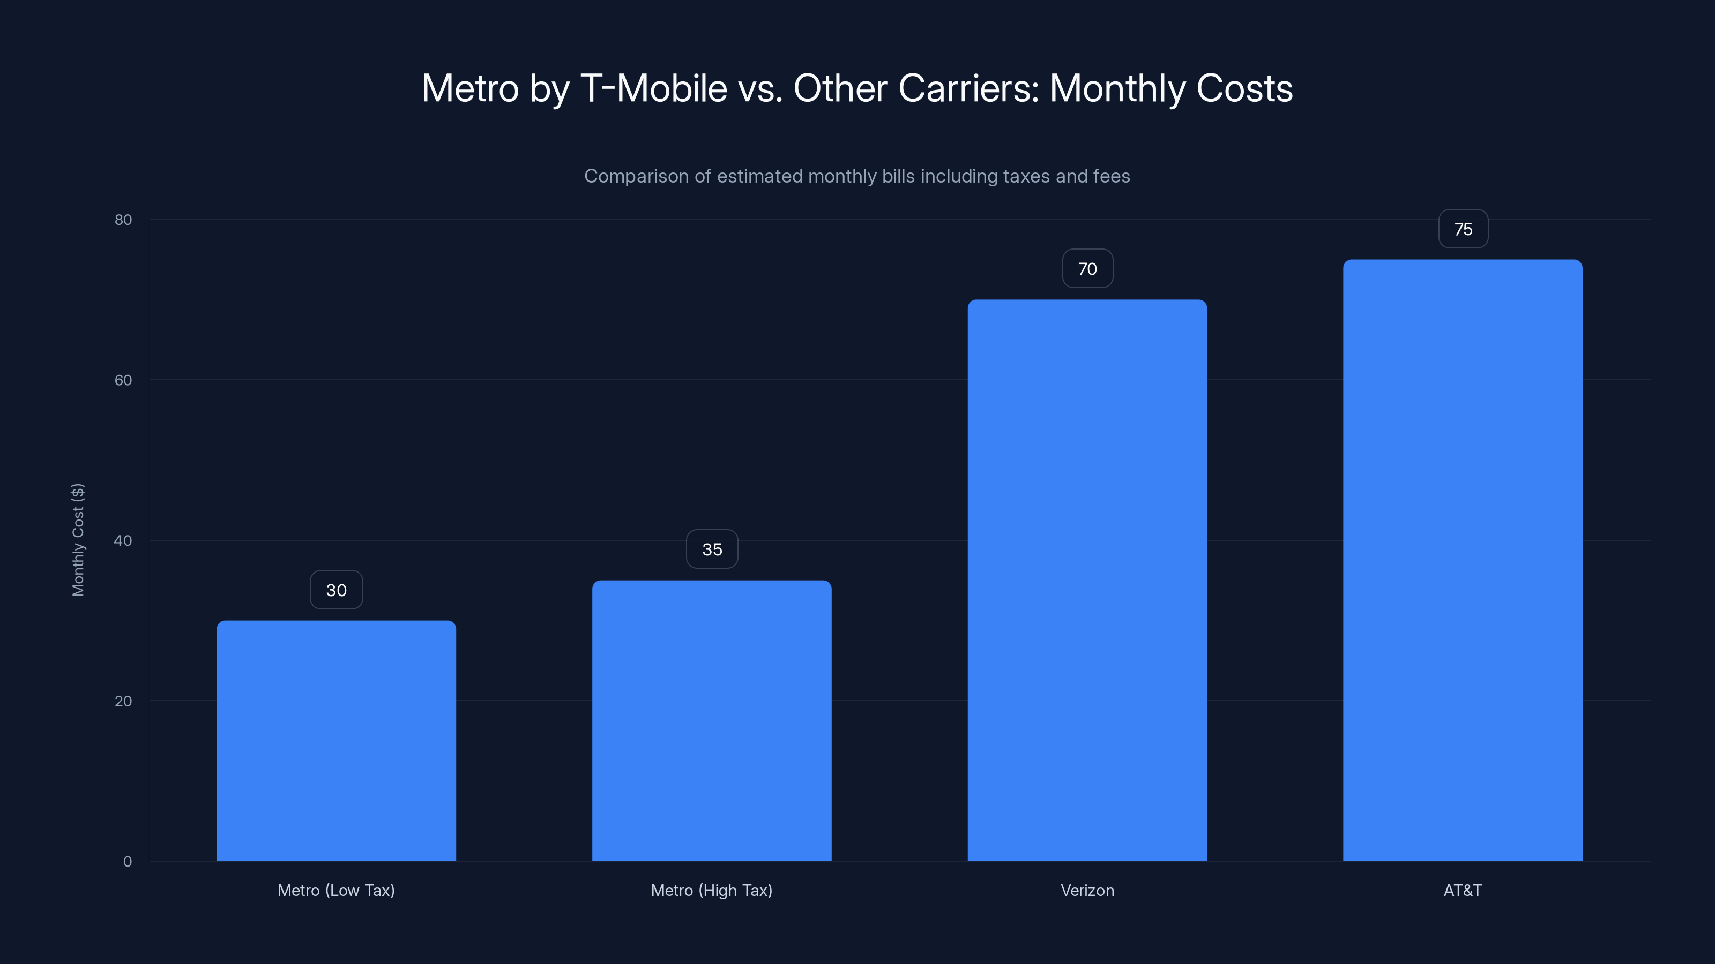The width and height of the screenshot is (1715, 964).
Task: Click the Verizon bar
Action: coord(1087,580)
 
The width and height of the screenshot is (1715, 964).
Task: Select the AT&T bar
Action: coord(1463,560)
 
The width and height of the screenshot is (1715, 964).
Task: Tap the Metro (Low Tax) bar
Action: coord(336,741)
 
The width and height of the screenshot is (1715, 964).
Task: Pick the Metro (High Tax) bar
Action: coord(712,720)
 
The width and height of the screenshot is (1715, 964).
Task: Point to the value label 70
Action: coord(1087,269)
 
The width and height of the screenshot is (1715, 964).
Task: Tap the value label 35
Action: coord(712,549)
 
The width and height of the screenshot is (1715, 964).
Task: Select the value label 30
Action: coord(336,590)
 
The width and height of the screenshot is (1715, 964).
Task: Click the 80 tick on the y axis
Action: coord(123,220)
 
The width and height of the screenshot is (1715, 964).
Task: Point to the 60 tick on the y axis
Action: coord(123,380)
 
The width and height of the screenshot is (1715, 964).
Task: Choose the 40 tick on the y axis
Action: coord(123,540)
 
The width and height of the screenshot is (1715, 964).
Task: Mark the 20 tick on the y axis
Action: coord(123,701)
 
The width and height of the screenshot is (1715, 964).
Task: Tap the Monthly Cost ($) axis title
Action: coord(78,539)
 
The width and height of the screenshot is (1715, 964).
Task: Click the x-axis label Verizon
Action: coord(1087,890)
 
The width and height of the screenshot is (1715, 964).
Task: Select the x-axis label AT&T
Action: coord(1463,890)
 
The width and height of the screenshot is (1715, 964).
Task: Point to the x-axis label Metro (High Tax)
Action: coord(712,890)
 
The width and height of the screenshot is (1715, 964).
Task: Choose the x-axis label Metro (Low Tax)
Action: coord(336,890)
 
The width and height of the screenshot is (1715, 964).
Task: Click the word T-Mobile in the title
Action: coord(654,88)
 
